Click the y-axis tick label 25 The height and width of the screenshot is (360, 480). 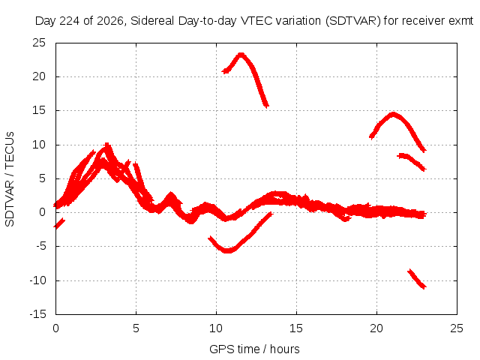coord(39,43)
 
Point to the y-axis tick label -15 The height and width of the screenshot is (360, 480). coord(38,314)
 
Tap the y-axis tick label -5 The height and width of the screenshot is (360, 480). coord(41,246)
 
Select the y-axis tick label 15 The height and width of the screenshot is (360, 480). coord(39,110)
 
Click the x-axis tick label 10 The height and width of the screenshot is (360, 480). coord(216,328)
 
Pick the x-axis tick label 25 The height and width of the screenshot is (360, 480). coord(457,328)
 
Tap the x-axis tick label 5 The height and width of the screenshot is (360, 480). coord(136,328)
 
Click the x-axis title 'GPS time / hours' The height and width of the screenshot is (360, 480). coord(254,349)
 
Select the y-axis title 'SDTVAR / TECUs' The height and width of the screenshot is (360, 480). coord(10,179)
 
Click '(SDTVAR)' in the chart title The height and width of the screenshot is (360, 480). coord(353,21)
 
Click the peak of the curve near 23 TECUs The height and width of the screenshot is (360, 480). coord(241,55)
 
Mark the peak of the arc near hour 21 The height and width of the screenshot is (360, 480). coord(393,115)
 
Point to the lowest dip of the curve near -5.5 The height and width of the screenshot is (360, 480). coord(227,250)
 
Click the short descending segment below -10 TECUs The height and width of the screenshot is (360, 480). coord(417,279)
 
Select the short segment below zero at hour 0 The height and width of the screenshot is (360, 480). coord(58,223)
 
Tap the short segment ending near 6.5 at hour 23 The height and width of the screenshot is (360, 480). coord(412,161)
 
